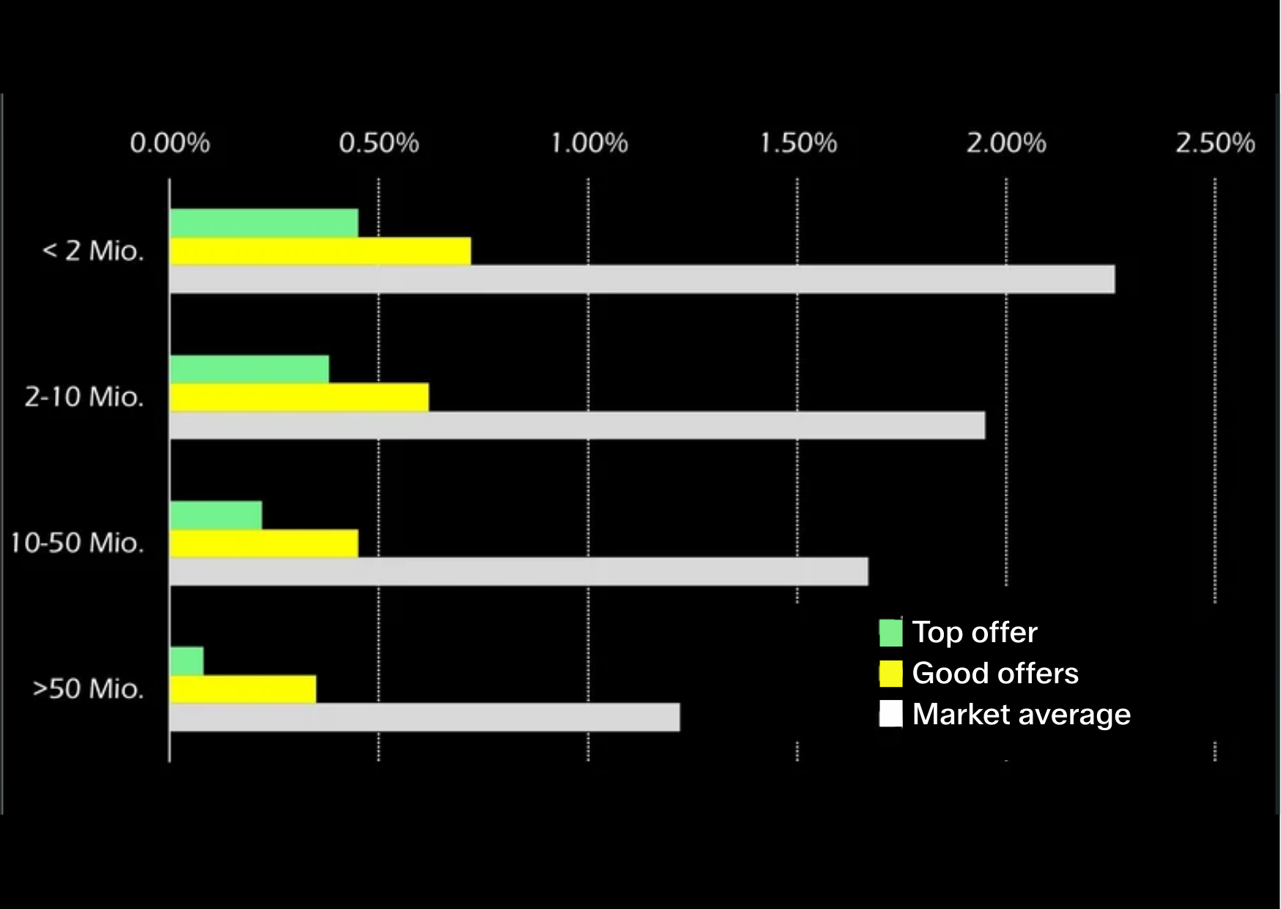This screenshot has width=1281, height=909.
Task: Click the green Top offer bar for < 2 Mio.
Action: tap(265, 223)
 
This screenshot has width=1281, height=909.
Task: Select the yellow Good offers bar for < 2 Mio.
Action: tap(320, 251)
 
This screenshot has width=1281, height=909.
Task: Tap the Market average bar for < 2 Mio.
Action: tap(643, 279)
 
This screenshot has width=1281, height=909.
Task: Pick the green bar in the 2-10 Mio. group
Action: tap(250, 369)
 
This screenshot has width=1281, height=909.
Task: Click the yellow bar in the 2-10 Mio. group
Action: tap(300, 397)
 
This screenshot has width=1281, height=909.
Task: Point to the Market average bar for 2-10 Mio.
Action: tap(577, 425)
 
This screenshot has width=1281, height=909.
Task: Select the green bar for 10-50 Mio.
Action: tap(216, 515)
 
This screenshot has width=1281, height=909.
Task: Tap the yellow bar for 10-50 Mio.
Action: tap(265, 543)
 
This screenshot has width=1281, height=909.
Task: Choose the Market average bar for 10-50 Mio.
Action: tap(519, 571)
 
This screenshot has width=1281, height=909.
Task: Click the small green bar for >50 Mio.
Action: tap(187, 661)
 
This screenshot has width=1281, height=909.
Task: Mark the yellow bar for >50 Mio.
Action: tap(243, 689)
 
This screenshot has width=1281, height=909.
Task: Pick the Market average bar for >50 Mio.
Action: tap(425, 717)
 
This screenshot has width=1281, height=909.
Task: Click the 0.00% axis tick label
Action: tap(170, 143)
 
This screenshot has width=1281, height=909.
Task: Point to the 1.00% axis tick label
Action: tap(589, 143)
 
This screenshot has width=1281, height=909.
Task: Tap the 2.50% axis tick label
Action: tap(1216, 143)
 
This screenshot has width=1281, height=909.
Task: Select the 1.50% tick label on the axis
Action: tap(798, 143)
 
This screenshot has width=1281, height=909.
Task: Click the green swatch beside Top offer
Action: tap(891, 633)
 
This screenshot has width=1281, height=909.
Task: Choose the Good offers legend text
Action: tap(995, 673)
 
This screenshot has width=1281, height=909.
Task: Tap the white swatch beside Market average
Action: tap(891, 714)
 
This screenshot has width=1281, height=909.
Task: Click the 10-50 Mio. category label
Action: tap(77, 543)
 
